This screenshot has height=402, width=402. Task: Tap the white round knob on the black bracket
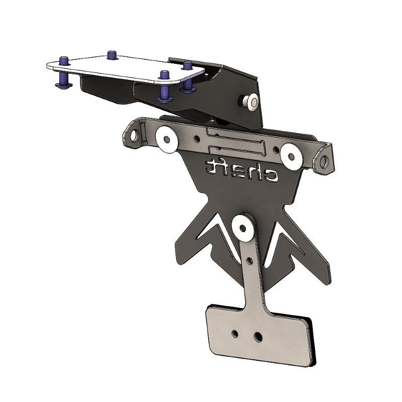(x=250, y=103)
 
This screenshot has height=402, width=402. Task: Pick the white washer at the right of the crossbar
(x=290, y=155)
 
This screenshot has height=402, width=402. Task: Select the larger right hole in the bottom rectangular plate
(x=258, y=335)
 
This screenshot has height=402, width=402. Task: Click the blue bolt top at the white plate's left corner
(x=64, y=61)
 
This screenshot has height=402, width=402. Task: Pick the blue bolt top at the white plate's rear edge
(x=112, y=54)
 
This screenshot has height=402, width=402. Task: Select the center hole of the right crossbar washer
(x=290, y=155)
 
